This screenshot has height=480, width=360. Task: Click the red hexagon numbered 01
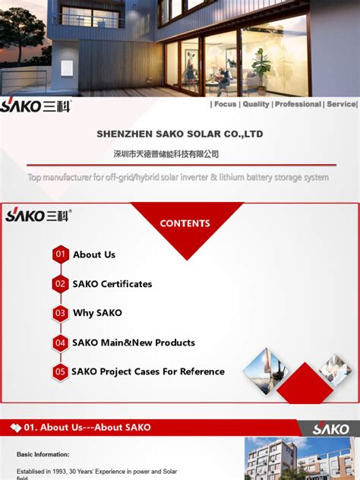[61, 254]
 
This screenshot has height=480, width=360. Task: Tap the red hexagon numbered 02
[61, 284]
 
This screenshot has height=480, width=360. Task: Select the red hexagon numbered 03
[61, 313]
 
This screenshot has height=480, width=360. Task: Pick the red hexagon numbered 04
[61, 343]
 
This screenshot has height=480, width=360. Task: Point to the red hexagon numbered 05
[61, 371]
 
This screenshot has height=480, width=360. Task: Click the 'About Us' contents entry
[94, 254]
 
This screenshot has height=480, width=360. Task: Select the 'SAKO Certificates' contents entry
[112, 284]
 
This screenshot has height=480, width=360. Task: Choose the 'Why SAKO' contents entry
[97, 313]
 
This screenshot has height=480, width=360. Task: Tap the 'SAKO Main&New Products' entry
[134, 343]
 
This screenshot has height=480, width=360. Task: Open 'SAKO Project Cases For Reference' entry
[148, 371]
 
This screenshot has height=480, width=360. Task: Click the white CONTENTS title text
[185, 223]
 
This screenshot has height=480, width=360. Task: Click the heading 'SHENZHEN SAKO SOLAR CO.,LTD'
[180, 134]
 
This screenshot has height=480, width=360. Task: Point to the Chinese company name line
[166, 154]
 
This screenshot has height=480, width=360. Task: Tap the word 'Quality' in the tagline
[256, 104]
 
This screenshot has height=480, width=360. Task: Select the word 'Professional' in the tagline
[298, 104]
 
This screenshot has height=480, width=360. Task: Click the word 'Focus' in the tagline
[225, 104]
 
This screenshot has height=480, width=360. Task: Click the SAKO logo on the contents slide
[38, 215]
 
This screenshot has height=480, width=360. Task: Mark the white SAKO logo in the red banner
[331, 428]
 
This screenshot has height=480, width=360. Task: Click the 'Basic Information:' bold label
[43, 454]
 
